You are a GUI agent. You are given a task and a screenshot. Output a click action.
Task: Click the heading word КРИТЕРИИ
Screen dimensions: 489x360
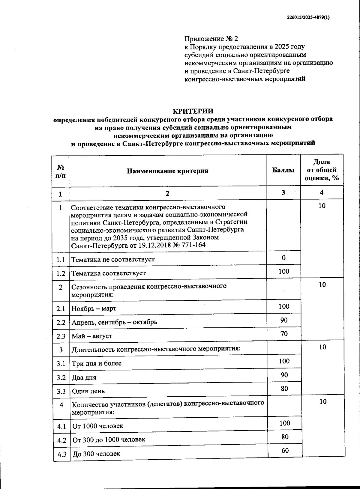[x=193, y=111]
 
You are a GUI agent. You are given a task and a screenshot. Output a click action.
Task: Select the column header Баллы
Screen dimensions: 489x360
[x=283, y=170]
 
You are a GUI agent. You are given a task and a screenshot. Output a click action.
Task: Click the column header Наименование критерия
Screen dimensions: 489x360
[x=167, y=171]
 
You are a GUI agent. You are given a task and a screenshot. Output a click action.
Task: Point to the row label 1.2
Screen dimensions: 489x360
[x=61, y=273]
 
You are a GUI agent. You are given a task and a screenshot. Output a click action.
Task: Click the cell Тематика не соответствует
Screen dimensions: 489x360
[x=113, y=259]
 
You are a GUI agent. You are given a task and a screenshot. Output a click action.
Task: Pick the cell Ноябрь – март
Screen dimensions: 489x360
[x=94, y=309]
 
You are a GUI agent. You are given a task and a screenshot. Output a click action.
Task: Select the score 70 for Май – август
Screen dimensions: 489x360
[x=284, y=334]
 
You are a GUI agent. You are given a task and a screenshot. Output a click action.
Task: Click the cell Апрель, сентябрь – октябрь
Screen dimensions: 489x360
[x=114, y=322]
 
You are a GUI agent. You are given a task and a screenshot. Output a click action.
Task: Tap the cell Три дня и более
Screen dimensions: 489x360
[x=97, y=363]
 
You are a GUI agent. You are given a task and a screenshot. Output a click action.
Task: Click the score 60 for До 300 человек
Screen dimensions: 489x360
[x=285, y=450]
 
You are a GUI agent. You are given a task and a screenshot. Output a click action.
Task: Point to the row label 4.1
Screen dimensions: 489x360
[x=61, y=426]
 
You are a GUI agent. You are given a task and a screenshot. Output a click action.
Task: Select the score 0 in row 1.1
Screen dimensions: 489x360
[x=284, y=258]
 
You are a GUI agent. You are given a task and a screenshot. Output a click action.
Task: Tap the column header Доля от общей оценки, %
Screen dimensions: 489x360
[x=322, y=170]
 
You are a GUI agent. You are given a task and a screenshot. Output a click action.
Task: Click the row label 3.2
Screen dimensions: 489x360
[x=61, y=377]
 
